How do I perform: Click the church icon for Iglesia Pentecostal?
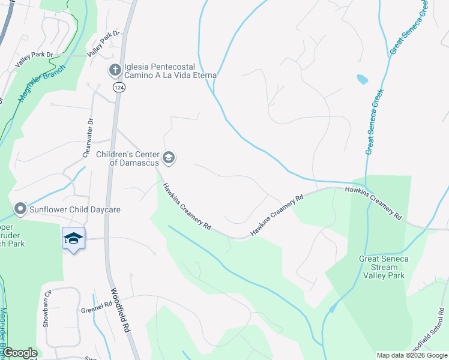pos(115,70)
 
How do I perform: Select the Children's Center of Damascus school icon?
pos(169,158)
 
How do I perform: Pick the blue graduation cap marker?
pos(73,239)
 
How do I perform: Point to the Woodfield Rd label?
pos(119,310)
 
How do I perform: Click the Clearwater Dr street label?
pos(88,137)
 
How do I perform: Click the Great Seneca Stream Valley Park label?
pos(384,267)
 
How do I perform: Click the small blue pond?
pos(362,79)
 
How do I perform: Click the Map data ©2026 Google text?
pos(412,355)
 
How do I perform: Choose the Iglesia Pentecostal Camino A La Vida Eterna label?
pos(170,71)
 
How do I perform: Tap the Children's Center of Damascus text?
pos(128,158)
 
